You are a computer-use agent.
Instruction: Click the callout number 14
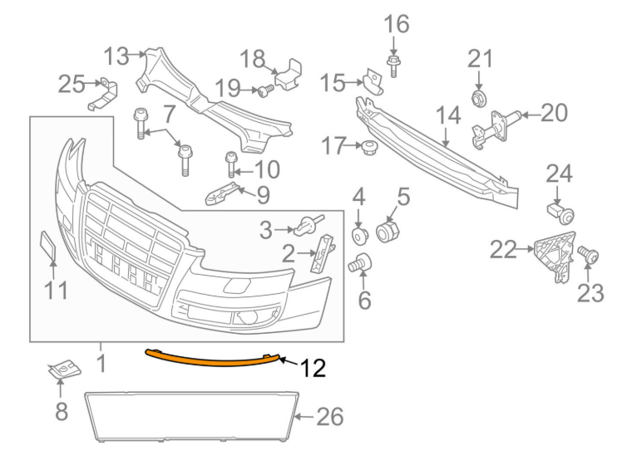(x=447, y=116)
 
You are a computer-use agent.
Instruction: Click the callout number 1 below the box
(x=101, y=364)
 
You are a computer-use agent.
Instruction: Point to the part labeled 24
(x=561, y=213)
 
